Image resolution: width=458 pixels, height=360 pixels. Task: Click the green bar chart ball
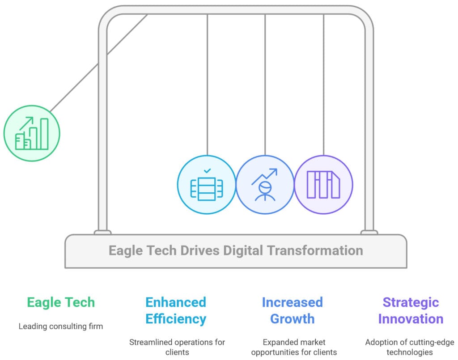point(32,133)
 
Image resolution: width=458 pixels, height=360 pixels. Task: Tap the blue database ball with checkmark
point(207,185)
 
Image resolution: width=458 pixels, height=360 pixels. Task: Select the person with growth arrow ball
point(265,185)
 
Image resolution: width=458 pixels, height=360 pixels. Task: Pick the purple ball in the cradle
point(324,185)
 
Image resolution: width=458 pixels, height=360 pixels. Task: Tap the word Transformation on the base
point(315,250)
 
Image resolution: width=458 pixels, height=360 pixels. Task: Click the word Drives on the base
point(200,250)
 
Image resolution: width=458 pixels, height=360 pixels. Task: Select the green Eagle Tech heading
point(61,302)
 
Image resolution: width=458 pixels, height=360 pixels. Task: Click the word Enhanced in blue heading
point(176,302)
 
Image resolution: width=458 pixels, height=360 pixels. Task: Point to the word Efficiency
point(176,319)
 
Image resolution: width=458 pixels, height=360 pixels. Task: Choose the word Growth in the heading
point(293,319)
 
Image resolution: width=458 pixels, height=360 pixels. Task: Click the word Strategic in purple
point(411,303)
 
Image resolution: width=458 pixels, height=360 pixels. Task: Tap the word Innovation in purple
point(411,319)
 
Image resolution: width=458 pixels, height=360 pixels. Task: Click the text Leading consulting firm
point(61,326)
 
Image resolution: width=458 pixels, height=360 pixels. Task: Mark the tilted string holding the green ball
point(98,63)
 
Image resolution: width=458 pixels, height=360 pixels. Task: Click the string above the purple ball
point(324,85)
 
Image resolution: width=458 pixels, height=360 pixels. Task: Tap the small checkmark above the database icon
point(207,171)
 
